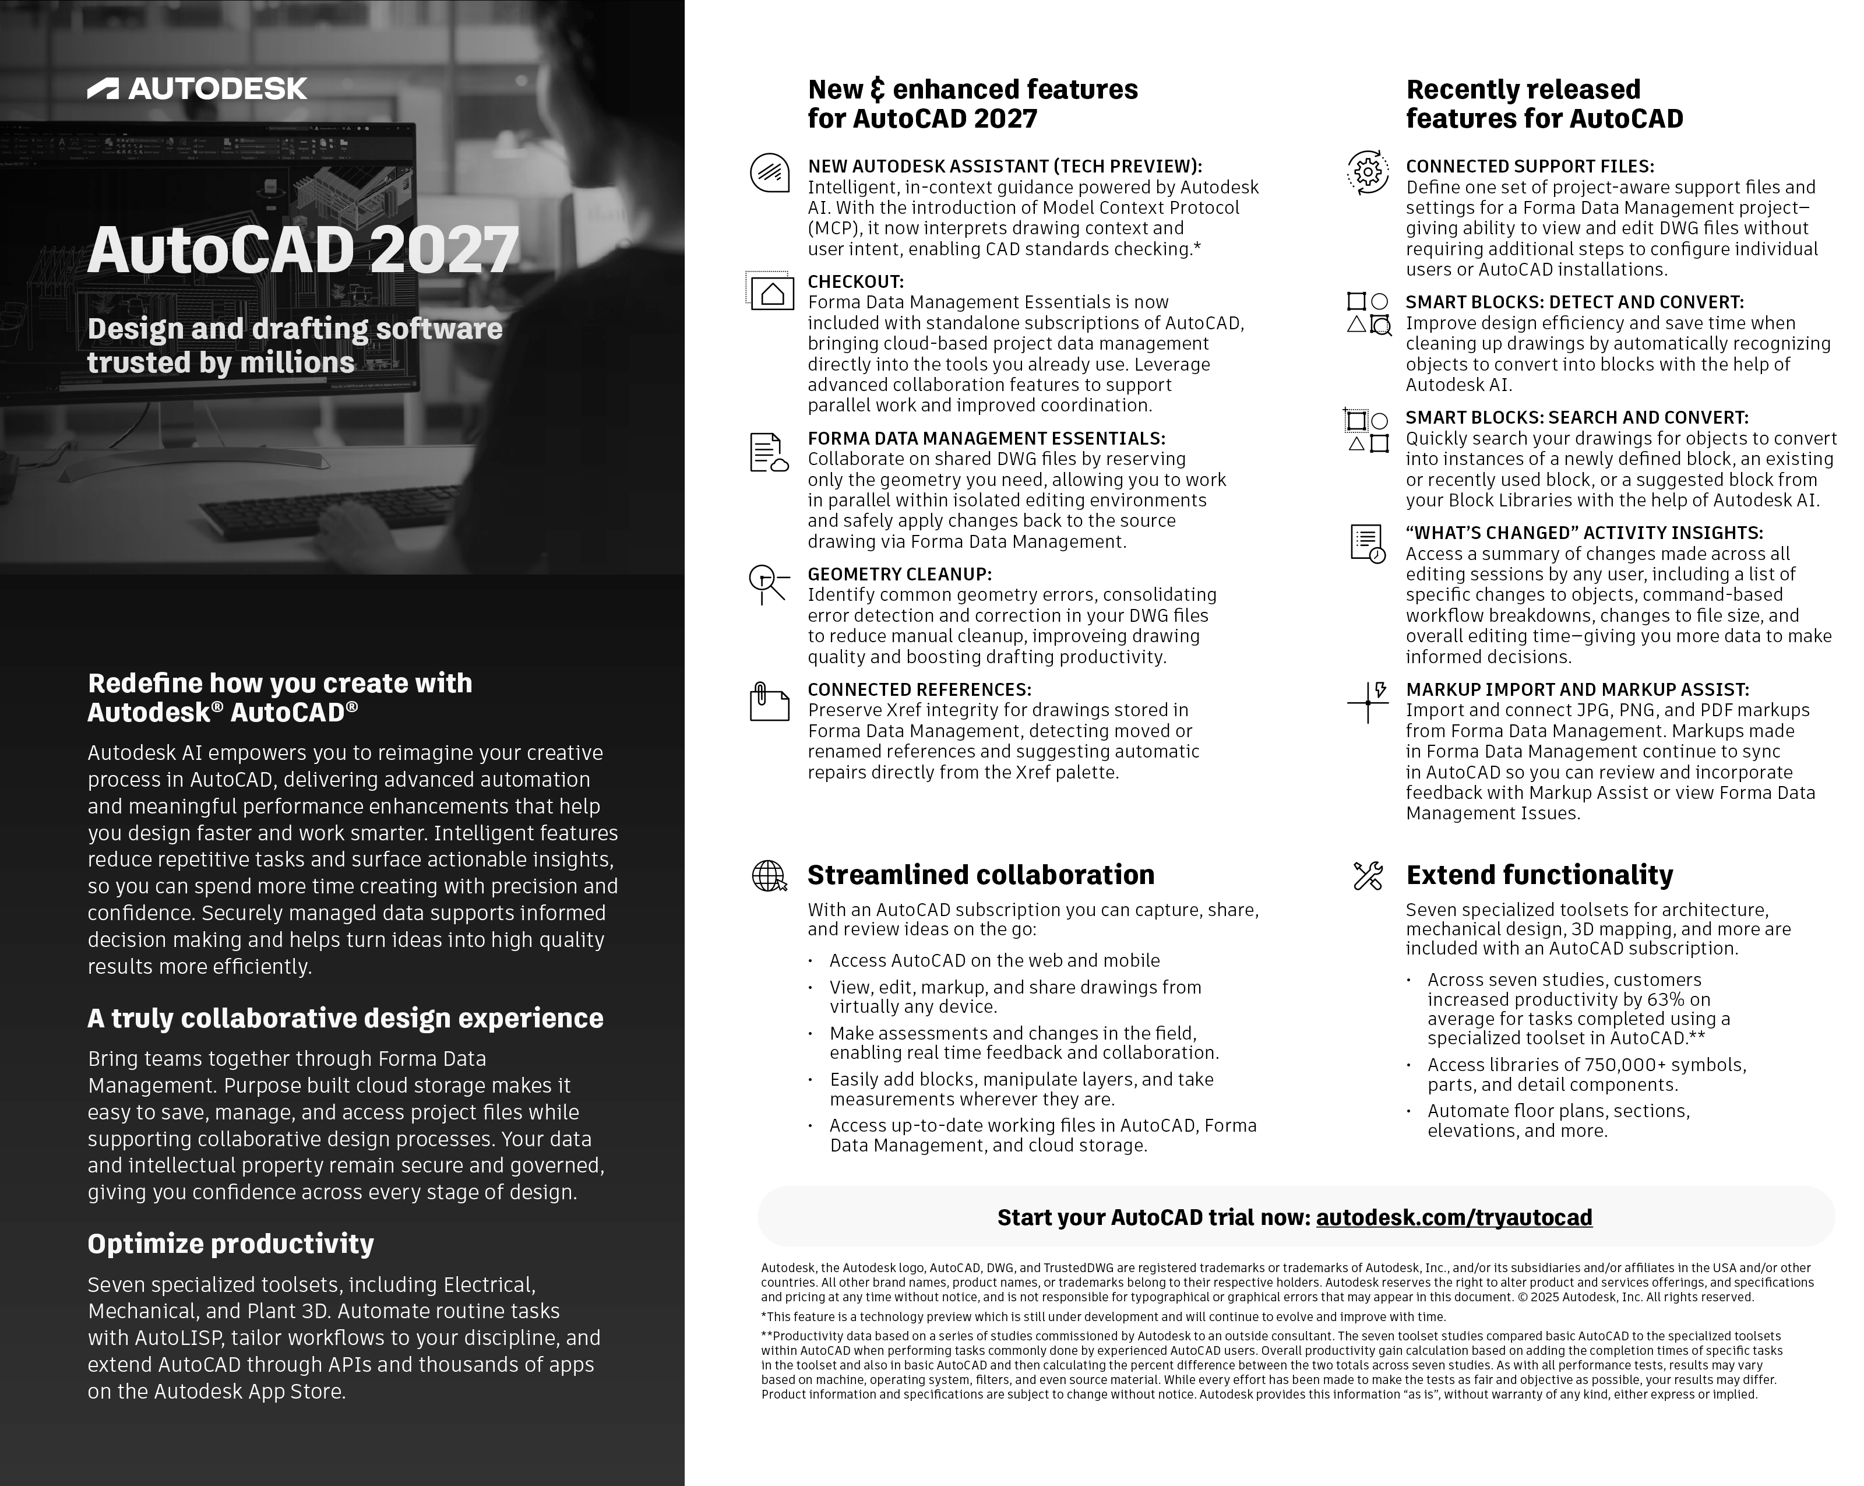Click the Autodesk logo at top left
point(197,88)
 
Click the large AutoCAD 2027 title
point(302,251)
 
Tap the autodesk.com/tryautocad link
point(1453,1217)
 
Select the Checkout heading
point(855,282)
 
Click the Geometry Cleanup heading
point(899,574)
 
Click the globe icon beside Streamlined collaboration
point(769,876)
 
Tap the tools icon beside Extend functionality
point(1368,876)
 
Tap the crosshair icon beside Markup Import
point(1368,702)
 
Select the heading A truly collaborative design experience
point(345,1018)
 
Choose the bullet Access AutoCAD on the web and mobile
point(994,960)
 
